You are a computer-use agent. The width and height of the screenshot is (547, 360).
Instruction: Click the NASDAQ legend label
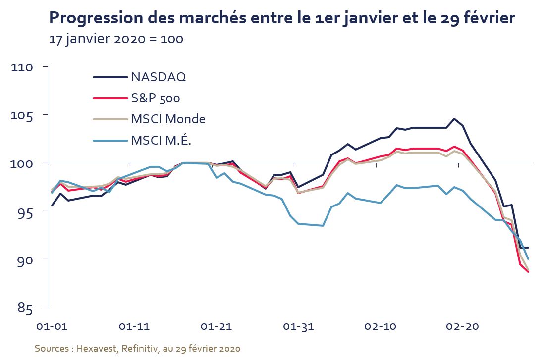159,77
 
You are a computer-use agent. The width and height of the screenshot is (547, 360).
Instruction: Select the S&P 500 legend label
156,98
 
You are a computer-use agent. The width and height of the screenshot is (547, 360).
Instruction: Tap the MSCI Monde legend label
168,119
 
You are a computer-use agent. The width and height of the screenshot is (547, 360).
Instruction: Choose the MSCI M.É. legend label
161,140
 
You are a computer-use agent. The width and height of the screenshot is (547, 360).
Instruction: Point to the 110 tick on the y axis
22,67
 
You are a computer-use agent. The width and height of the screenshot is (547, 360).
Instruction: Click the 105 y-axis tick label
22,115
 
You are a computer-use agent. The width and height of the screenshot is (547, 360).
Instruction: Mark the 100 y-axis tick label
22,163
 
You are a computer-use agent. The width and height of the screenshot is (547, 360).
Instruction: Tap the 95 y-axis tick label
25,211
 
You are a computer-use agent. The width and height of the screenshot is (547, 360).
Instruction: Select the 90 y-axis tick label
25,260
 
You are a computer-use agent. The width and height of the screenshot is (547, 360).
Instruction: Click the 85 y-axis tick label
25,308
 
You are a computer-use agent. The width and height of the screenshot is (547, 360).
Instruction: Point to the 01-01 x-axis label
52,326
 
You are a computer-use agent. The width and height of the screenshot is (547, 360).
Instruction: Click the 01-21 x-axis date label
217,326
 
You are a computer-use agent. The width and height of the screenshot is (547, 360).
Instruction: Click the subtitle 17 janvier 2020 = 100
116,39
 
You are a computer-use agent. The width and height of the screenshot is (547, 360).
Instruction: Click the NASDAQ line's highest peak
454,119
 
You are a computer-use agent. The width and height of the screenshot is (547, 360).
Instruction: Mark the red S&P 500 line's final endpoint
528,271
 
